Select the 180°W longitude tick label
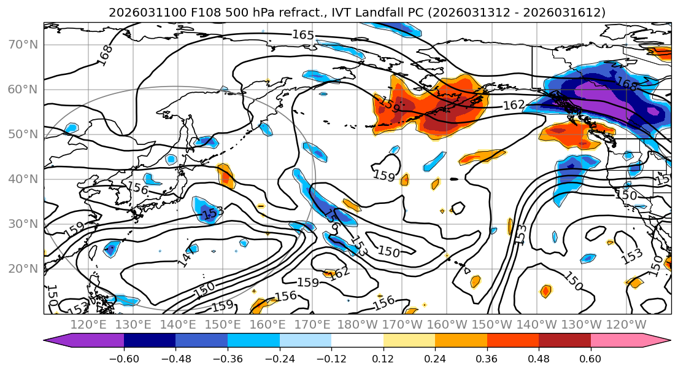[x=356, y=324]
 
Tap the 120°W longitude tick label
[x=626, y=324]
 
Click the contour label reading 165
[x=302, y=35]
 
